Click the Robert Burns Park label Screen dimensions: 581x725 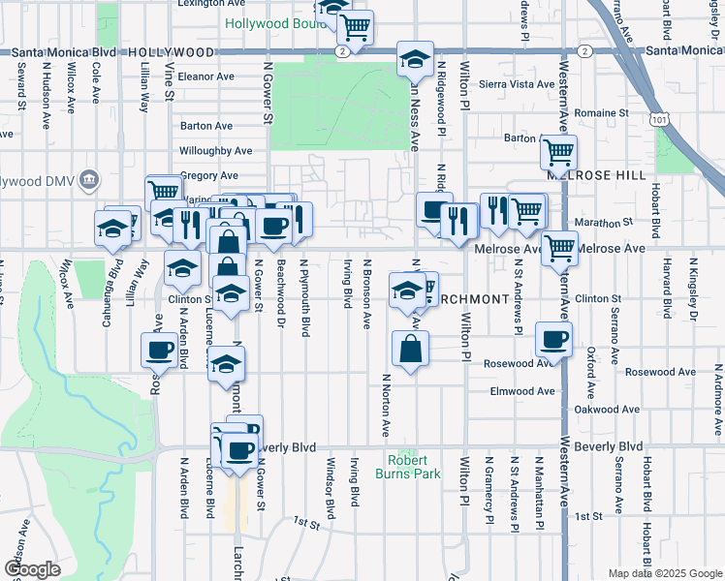tap(415, 467)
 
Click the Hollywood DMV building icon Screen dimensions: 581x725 tap(90, 178)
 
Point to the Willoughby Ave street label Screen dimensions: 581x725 tap(216, 151)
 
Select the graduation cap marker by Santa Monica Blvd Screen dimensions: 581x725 tap(415, 60)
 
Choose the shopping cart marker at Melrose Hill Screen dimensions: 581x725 tap(558, 152)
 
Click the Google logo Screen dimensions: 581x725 tap(33, 569)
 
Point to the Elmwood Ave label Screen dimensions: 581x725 tap(522, 391)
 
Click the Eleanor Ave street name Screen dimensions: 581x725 tap(205, 76)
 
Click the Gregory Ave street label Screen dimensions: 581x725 tap(208, 175)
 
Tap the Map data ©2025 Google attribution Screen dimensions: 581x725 tap(664, 573)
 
